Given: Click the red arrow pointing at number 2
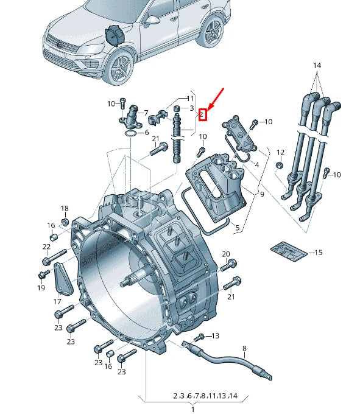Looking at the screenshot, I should [216, 97].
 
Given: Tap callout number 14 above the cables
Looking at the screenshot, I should [316, 65].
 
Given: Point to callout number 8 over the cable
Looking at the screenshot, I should [244, 349].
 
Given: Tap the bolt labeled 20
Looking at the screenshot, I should [229, 265].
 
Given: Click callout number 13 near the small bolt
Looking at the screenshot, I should [215, 336].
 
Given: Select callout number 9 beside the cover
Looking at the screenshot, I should [262, 195].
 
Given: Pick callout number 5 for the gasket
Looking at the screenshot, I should [238, 229].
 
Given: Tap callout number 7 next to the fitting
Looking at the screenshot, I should [146, 113].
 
